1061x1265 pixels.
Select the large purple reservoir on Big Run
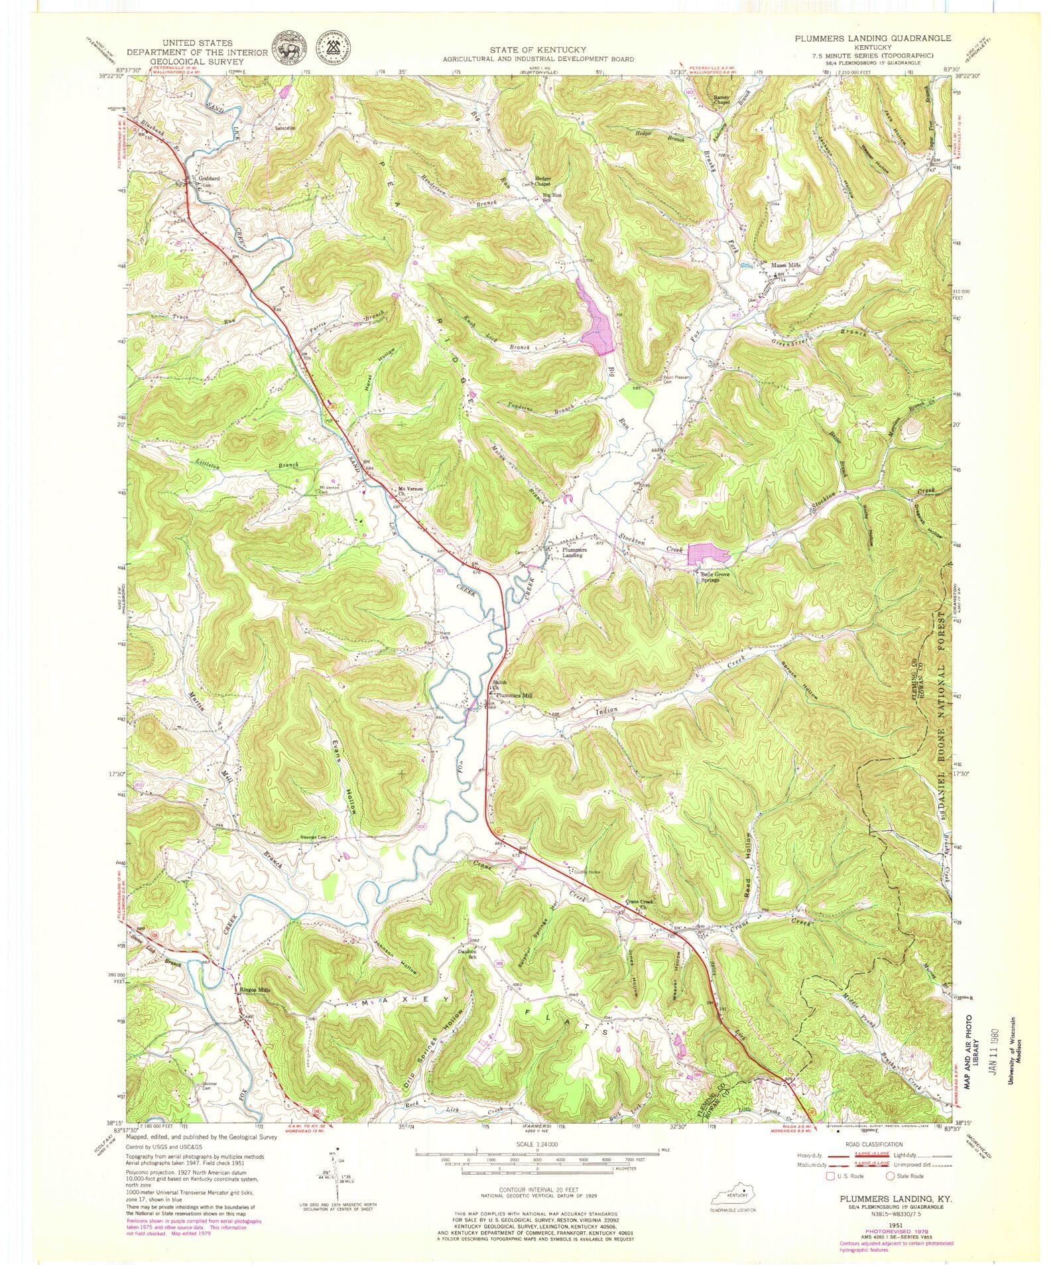(x=598, y=325)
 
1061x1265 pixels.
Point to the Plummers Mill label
(x=515, y=695)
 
